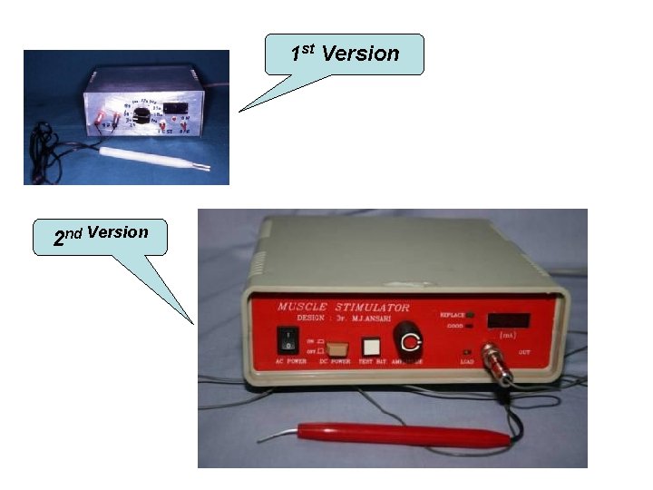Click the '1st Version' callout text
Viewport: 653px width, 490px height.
(345, 54)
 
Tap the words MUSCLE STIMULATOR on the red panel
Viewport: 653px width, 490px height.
(344, 308)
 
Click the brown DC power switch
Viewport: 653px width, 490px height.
(336, 348)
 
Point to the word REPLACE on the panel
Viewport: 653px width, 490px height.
(452, 314)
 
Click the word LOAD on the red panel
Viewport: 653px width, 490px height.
(467, 362)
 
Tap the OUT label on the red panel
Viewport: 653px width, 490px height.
(525, 350)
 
